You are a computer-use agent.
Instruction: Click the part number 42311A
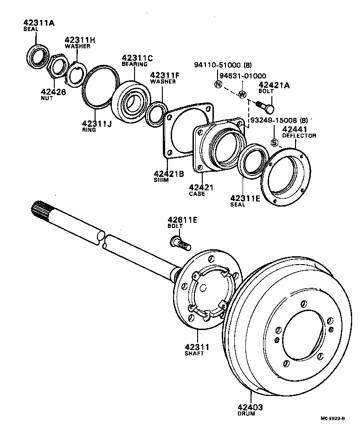39,22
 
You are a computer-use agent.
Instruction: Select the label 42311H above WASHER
79,40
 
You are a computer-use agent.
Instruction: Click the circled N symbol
218,84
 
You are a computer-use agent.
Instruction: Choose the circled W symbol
242,94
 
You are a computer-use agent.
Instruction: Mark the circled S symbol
274,143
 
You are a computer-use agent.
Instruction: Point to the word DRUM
246,414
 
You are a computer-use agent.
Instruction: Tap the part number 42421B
169,174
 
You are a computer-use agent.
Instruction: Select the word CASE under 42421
197,194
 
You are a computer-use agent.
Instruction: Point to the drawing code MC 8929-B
333,431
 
